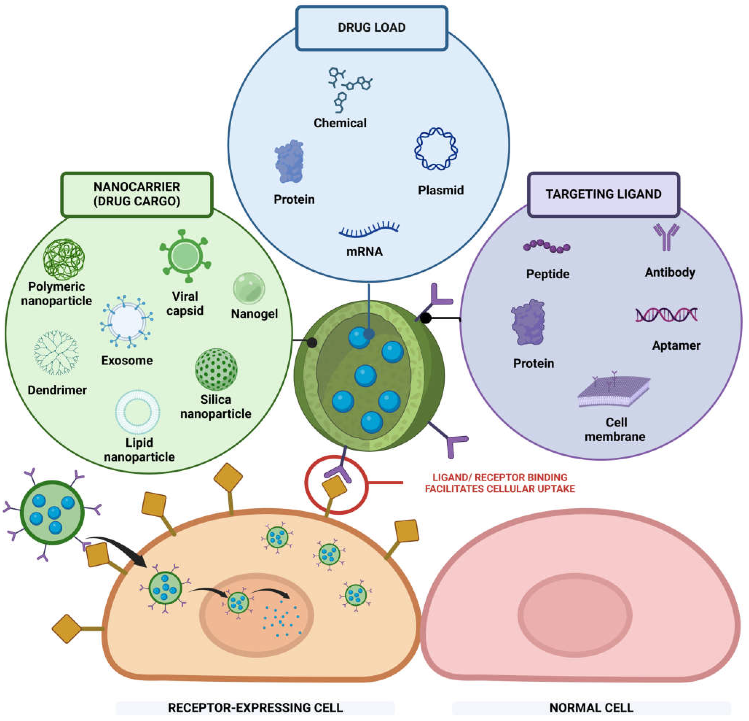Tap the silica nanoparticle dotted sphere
pos(216,369)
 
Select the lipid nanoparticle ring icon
pos(138,412)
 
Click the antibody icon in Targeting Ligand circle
pos(666,237)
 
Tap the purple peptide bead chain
pos(547,247)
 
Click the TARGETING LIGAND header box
pos(603,194)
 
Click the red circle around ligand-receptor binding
pos(336,485)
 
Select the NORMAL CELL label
pos(591,708)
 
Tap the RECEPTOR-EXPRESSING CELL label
pos(255,708)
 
